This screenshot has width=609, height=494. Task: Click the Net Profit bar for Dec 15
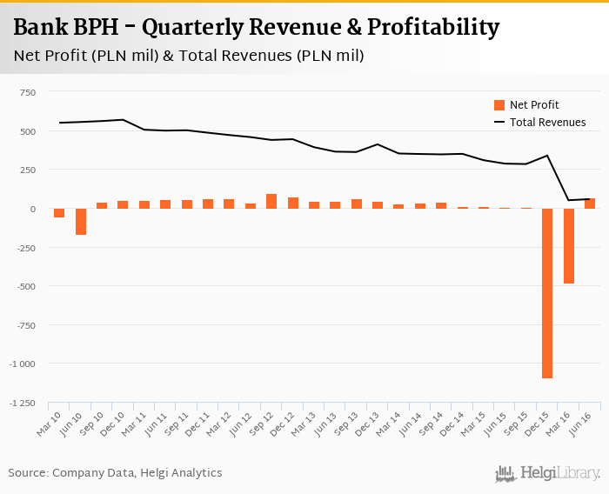click(547, 293)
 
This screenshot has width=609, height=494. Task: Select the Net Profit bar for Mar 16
click(569, 246)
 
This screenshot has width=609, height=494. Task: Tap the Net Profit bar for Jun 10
click(81, 222)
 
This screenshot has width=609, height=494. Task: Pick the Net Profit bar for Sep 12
click(271, 202)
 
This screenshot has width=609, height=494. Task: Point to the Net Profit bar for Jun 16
click(590, 204)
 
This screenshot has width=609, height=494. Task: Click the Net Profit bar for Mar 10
click(59, 213)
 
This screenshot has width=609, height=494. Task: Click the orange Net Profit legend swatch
click(499, 105)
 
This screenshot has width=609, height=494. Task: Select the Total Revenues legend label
click(547, 123)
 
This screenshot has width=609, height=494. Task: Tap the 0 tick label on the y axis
click(33, 209)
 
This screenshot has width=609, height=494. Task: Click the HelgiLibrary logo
click(548, 473)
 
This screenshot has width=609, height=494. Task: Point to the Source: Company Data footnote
click(115, 473)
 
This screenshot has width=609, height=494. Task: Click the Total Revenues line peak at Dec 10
click(123, 120)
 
